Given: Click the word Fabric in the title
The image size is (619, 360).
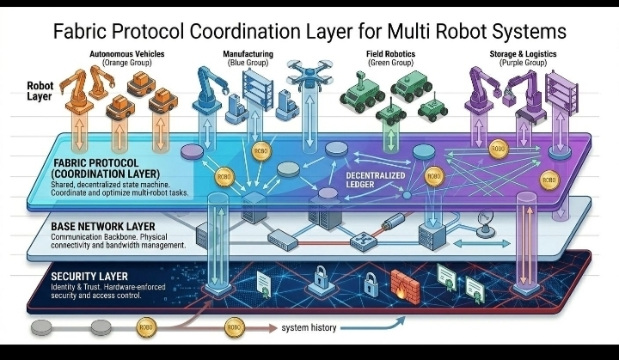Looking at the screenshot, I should point(78,31).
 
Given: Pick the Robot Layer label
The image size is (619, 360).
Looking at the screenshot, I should point(40,92).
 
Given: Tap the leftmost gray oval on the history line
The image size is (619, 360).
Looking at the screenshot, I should point(40,328).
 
